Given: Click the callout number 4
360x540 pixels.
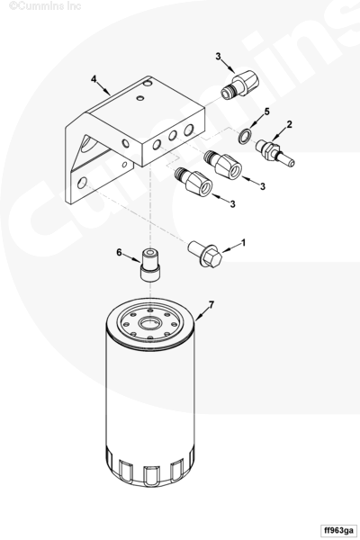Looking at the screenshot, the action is (94, 79).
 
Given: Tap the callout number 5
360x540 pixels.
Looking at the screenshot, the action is (267, 112).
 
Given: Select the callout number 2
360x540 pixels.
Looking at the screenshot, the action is (290, 124).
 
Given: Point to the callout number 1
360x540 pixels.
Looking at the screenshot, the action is (244, 243).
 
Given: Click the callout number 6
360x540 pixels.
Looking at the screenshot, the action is (119, 253).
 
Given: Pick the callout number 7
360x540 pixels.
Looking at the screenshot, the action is (211, 305).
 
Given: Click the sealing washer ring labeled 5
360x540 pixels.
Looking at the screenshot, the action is (245, 137).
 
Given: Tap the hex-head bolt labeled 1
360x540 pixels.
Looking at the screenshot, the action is (204, 254).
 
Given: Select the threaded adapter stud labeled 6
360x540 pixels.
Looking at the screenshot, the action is (151, 265).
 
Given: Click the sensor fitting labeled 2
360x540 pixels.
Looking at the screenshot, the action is (274, 152).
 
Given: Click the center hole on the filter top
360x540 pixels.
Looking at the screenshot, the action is (150, 324).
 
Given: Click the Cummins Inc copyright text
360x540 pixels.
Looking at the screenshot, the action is (45, 6).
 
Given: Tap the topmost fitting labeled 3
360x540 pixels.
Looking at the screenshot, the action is (239, 85).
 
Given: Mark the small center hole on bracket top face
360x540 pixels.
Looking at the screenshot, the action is (140, 98).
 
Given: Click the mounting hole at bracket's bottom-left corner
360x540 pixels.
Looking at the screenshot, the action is (82, 183).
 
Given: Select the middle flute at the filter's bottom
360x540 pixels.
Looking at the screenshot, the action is (150, 475).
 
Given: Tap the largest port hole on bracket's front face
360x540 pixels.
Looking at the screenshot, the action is (189, 130).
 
